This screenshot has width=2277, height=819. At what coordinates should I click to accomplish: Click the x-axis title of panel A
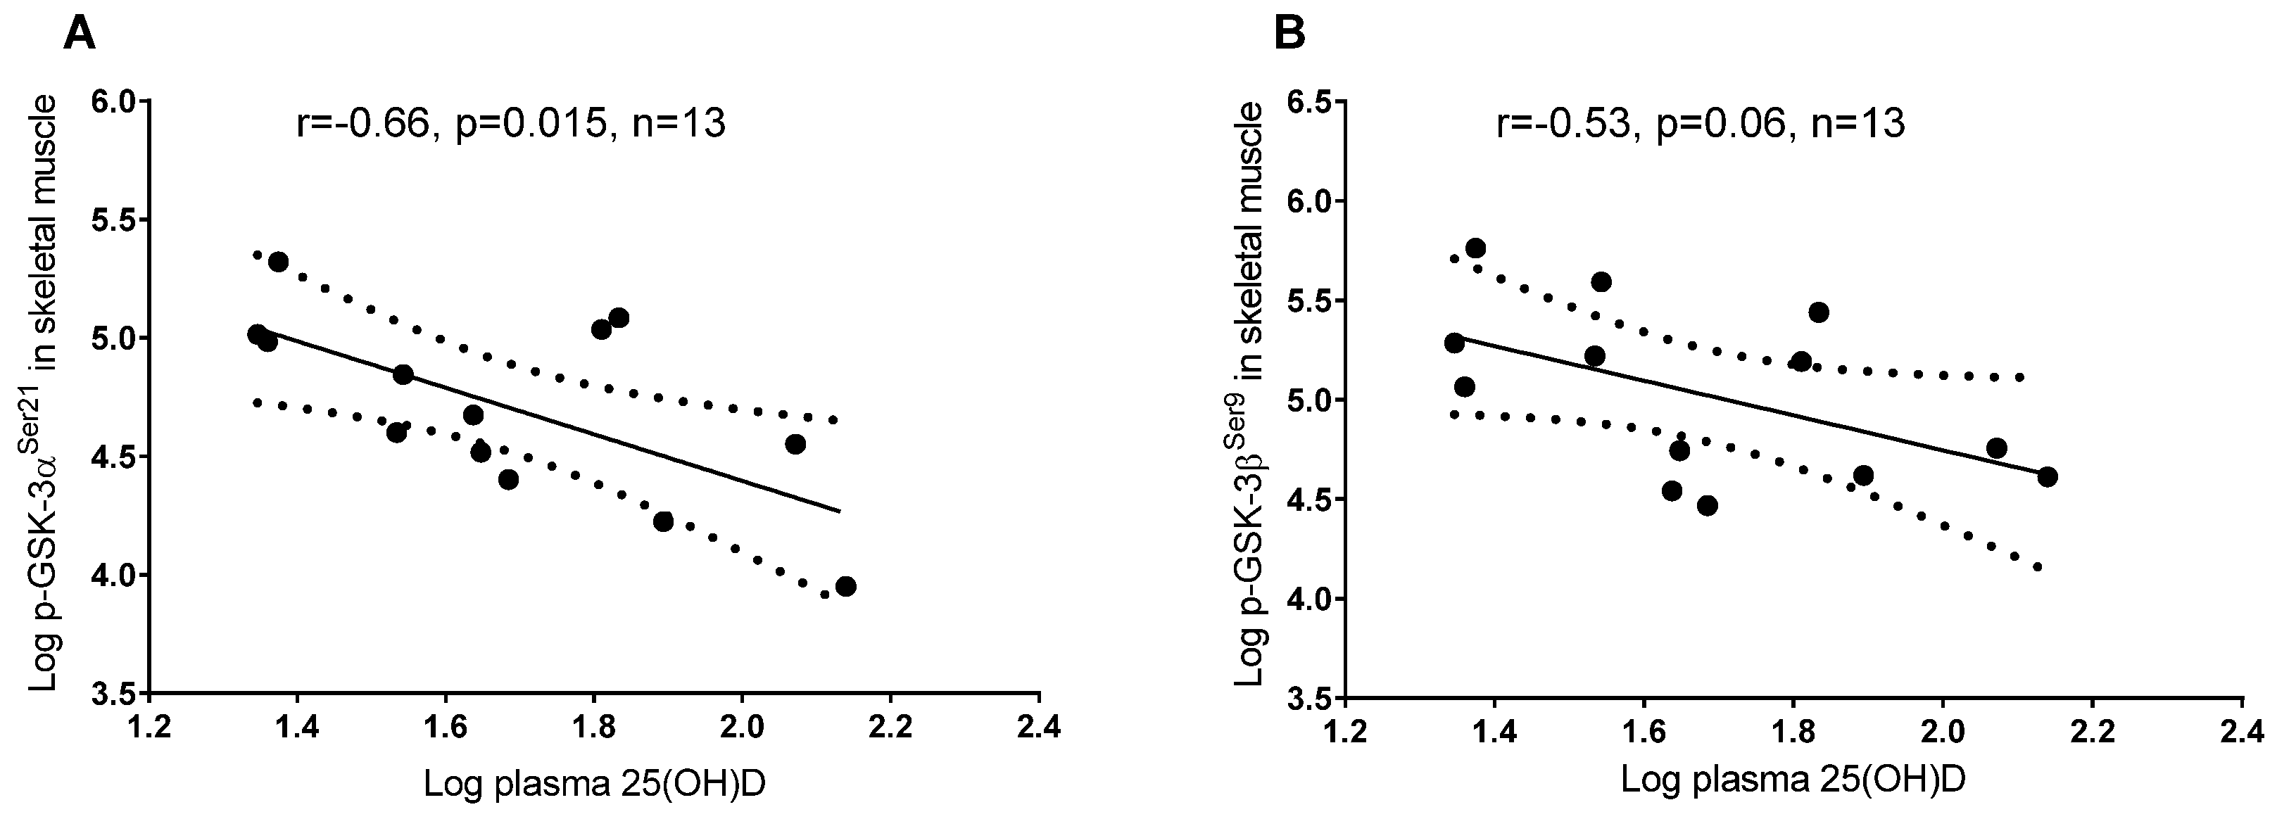point(594,783)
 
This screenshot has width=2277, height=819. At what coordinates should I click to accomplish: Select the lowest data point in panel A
point(845,586)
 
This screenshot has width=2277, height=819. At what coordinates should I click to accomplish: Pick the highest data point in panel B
point(1475,248)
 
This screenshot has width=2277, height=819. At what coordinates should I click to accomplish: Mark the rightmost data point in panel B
point(2047,477)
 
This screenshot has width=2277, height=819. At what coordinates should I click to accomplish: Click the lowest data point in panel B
point(1707,505)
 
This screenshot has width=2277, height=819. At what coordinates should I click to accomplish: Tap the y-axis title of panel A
point(44,395)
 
